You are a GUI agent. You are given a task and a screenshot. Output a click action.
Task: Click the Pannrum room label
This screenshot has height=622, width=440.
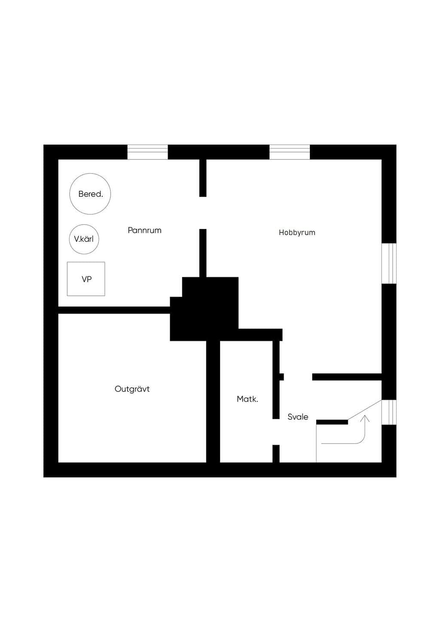144,231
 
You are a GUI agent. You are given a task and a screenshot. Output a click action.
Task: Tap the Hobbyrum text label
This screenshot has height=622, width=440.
297,233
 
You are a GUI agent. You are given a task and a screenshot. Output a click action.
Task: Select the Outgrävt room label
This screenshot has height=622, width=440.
132,389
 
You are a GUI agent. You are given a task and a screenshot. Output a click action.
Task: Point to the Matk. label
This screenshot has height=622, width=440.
247,399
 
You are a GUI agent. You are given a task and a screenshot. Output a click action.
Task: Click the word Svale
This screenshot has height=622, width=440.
298,417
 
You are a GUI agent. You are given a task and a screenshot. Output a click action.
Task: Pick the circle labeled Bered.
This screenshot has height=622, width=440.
90,194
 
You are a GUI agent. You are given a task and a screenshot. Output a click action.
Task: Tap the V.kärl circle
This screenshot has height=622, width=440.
84,239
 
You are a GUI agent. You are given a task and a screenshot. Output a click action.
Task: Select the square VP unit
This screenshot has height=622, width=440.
86,279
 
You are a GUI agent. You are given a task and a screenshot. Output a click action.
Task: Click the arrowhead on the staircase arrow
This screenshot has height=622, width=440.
365,418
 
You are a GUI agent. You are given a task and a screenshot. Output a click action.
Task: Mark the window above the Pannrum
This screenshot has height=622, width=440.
147,152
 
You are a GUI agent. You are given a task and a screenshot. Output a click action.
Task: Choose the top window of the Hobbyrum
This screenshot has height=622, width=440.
290,152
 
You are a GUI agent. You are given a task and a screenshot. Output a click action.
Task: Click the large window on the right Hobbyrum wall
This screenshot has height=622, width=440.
389,263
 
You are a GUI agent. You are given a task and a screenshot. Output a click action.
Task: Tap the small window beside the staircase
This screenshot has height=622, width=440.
389,412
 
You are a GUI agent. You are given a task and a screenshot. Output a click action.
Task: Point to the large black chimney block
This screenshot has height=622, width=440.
205,309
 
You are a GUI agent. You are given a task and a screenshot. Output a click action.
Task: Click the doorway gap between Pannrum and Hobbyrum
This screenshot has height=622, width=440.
203,213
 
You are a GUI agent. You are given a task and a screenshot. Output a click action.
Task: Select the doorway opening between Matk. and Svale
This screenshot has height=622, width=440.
276,432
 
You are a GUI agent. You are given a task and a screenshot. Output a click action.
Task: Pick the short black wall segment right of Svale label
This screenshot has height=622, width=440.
332,422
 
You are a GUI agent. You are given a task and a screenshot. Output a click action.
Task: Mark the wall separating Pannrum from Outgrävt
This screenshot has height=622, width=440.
114,310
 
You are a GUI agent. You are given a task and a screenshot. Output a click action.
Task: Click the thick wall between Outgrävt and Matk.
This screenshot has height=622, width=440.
213,402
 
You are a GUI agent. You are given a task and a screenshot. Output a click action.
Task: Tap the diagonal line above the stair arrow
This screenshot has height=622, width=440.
365,410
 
